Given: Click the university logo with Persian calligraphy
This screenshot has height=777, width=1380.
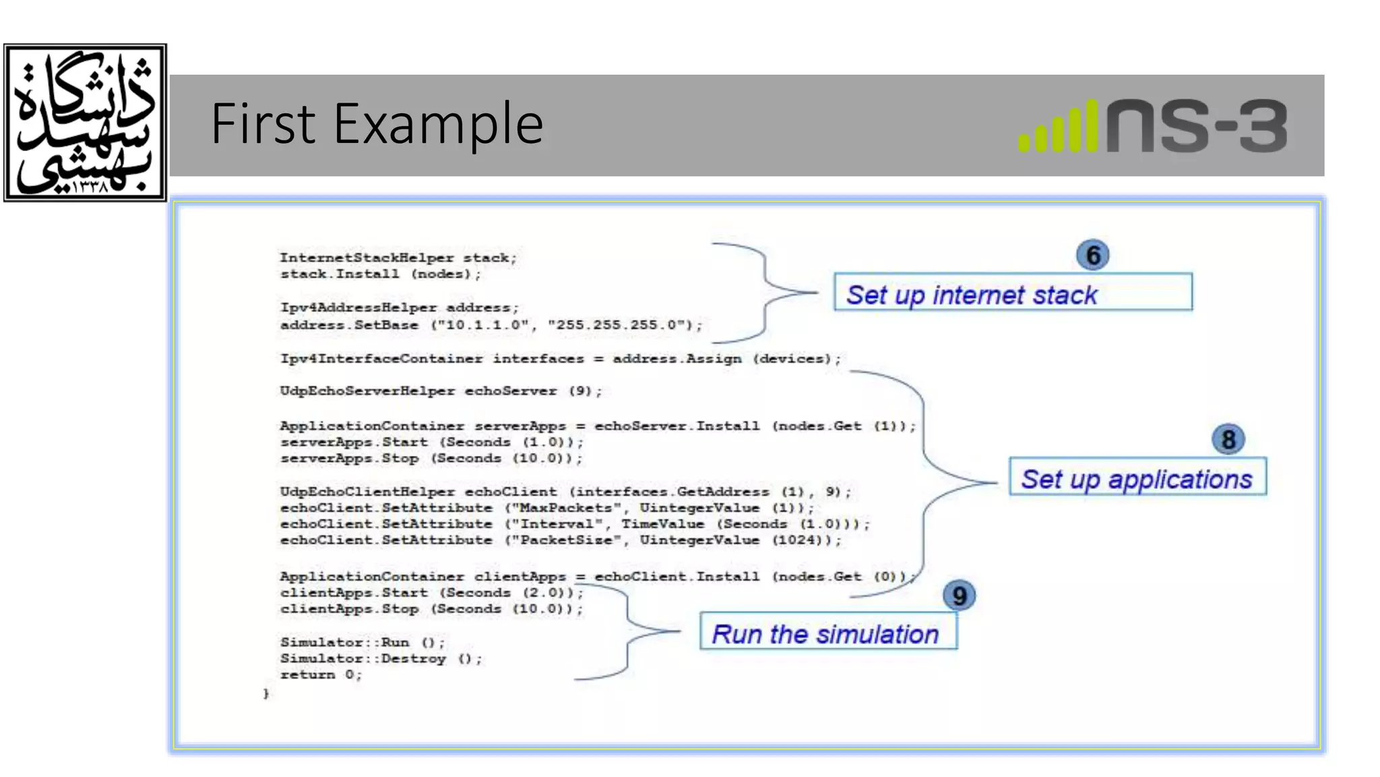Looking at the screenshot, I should point(85,123).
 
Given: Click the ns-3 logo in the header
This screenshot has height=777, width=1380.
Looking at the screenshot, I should point(1153,126).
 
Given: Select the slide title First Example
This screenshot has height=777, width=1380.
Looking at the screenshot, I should point(377,123).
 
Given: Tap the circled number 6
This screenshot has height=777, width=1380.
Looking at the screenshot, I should point(1092,256).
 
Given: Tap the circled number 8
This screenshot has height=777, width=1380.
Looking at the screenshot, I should point(1228,440).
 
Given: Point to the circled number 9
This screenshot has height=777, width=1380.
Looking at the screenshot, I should point(959,596).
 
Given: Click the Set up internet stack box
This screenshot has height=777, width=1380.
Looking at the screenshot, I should point(1012,292).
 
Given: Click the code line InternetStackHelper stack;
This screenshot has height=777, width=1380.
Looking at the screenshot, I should point(398,258).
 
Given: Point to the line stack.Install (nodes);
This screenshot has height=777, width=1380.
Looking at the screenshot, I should point(381,274).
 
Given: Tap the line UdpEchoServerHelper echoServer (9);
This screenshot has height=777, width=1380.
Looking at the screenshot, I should point(441,391).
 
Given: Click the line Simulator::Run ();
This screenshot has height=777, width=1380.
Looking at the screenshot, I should point(363,642).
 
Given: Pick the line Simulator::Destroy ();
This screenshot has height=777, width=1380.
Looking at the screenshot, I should point(381,658).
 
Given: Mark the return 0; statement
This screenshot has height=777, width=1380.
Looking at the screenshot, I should point(321,674).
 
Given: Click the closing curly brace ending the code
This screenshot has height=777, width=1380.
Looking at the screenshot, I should point(266,693).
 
